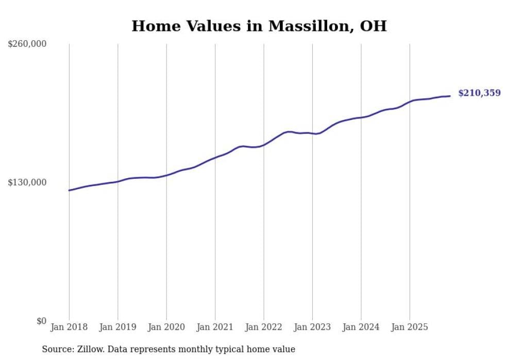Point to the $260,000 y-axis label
27,44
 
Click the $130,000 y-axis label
27,182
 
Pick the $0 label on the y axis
41,321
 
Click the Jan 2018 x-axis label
69,327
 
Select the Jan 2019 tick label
118,327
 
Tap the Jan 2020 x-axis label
166,327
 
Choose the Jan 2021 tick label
215,327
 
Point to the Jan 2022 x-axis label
264,327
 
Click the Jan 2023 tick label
312,327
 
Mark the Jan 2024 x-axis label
361,327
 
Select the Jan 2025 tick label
410,327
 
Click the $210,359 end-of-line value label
479,93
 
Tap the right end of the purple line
450,96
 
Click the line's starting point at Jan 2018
70,190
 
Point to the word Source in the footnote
57,349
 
